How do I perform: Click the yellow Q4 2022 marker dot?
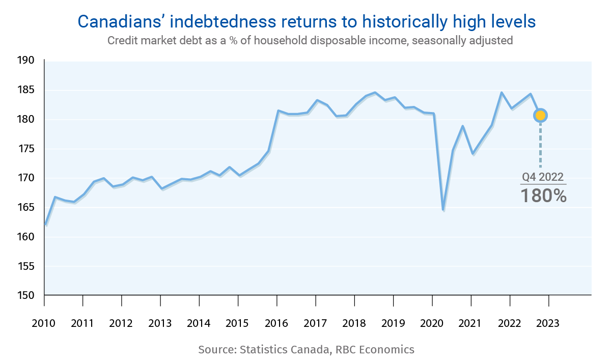coord(540,115)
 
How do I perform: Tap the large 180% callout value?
coord(543,196)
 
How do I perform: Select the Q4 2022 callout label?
coord(543,177)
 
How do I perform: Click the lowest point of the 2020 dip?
coord(443,209)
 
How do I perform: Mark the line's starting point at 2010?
coord(46,224)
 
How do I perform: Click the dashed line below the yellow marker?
coord(540,145)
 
